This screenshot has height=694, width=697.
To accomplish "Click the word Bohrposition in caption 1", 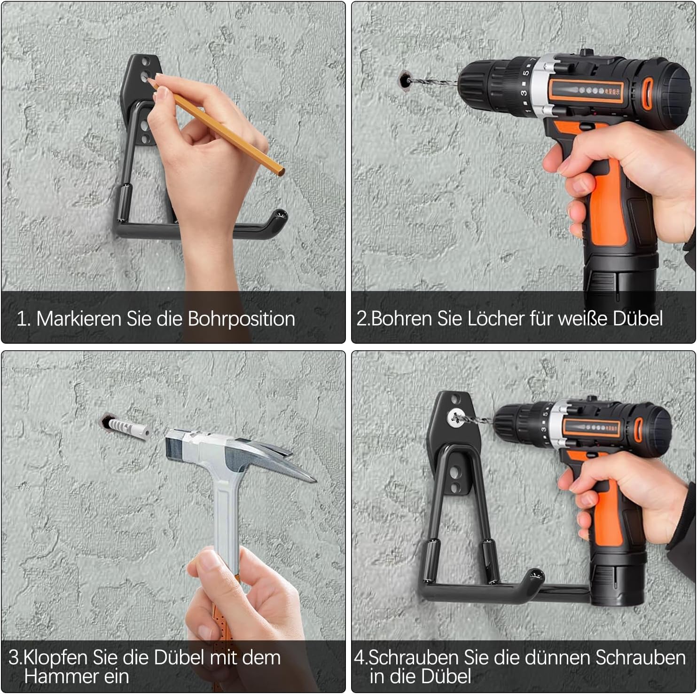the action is pyautogui.click(x=241, y=319).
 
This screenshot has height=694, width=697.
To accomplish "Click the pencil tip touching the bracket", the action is pyautogui.click(x=149, y=80).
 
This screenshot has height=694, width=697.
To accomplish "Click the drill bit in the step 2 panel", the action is pyautogui.click(x=432, y=82).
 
